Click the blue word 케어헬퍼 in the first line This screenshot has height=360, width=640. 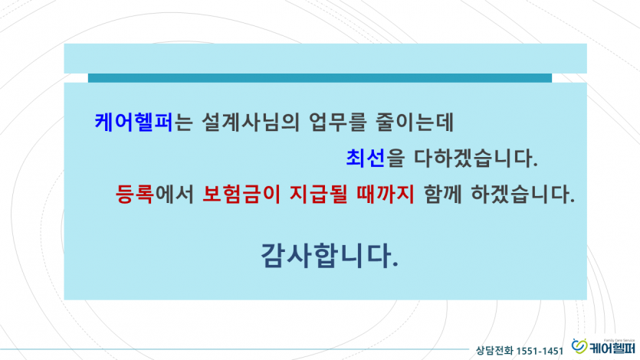click(x=134, y=122)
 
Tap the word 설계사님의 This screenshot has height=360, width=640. click(x=250, y=122)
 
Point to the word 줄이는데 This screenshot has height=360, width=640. click(x=415, y=122)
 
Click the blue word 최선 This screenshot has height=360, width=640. click(x=366, y=159)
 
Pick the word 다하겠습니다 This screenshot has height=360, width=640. click(x=475, y=159)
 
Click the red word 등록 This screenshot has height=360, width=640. click(x=134, y=194)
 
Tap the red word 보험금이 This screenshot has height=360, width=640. click(x=241, y=194)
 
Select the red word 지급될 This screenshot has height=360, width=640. click(x=318, y=194)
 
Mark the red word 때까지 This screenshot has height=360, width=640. click(x=386, y=194)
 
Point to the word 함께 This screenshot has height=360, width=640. click(x=443, y=194)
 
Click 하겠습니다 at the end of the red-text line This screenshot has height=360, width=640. click(x=523, y=194)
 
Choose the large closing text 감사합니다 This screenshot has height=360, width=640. click(x=329, y=256)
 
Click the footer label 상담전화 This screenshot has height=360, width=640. click(x=494, y=351)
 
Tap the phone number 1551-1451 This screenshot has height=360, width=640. click(x=540, y=351)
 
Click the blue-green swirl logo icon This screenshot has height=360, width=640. click(x=579, y=345)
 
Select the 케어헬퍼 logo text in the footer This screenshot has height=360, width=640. click(x=612, y=348)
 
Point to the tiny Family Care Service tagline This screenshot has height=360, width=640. click(x=619, y=340)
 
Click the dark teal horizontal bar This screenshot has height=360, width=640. click(x=320, y=78)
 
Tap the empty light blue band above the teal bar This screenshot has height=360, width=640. click(x=325, y=58)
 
